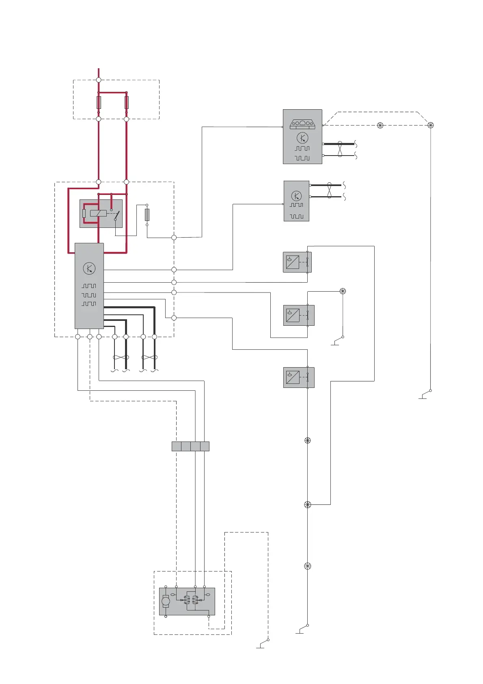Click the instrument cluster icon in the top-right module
302,124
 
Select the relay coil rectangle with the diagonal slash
98,213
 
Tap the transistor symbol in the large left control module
89,268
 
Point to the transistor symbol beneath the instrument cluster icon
302,138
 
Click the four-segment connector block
190,446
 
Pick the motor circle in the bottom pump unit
166,601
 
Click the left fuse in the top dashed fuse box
99,102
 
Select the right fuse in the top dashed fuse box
126,102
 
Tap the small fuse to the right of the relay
147,214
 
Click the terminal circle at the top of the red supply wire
99,80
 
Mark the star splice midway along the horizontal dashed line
380,126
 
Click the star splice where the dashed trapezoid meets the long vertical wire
431,125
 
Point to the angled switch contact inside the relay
117,215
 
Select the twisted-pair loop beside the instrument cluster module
340,149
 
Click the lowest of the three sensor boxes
299,377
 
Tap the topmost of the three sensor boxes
297,262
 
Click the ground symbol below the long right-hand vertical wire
423,396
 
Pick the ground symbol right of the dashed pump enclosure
261,646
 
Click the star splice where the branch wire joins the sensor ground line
307,504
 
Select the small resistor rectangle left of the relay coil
84,214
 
